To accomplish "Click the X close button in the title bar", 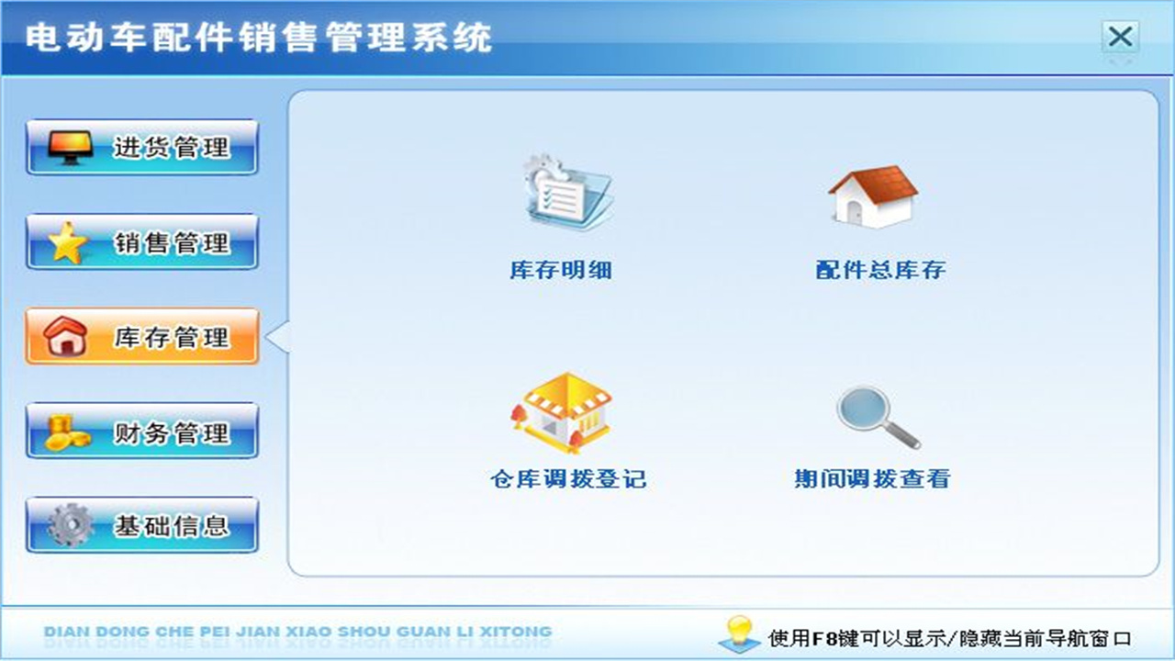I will click(1120, 38).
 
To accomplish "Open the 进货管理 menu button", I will click(142, 147).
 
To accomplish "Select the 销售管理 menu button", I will click(142, 242).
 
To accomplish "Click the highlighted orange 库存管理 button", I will click(142, 337).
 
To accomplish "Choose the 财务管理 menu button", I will click(142, 431).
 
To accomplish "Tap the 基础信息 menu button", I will click(142, 525).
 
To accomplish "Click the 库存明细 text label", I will click(561, 270).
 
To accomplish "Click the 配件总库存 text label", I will click(880, 270).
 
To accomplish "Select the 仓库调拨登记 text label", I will click(568, 479).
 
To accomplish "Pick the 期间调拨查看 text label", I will click(871, 479).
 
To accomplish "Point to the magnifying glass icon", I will click(877, 416).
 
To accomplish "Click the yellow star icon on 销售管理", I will click(67, 243).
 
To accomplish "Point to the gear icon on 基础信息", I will click(70, 525).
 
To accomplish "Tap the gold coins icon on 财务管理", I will click(67, 431).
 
